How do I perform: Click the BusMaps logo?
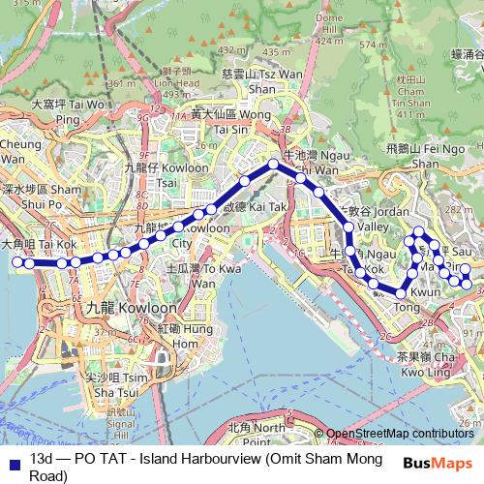443,462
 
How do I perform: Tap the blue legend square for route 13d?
13,461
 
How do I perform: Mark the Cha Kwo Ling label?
425,363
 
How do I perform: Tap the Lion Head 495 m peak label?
174,82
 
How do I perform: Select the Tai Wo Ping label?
68,110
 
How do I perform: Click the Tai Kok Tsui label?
40,245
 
